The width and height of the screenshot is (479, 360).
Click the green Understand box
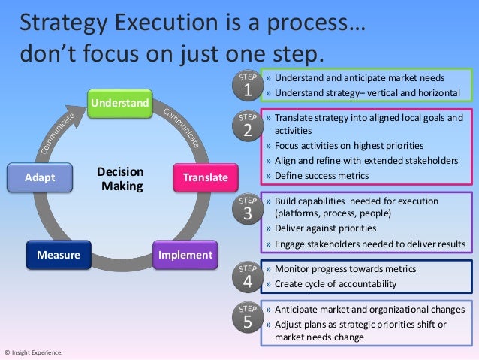pos(119,102)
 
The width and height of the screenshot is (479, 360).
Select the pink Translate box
pos(200,177)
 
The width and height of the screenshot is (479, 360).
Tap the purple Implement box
pos(185,255)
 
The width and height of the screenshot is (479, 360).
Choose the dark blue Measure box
pos(59,255)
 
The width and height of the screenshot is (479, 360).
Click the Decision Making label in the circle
pos(120,178)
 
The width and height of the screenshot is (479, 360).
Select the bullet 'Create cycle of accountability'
pos(336,283)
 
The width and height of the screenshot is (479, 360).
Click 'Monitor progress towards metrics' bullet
pos(345,268)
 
